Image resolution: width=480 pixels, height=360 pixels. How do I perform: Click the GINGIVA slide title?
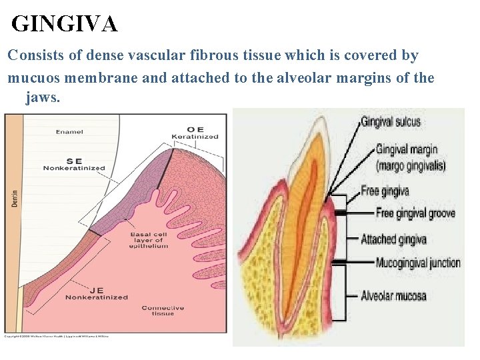(65, 25)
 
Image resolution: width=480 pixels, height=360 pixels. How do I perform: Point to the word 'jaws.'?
(43, 98)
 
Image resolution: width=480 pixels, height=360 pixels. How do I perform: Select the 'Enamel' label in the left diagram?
(69, 132)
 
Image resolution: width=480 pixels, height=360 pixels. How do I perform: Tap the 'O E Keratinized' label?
(195, 133)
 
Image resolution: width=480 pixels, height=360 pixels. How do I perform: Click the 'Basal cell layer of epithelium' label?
(149, 240)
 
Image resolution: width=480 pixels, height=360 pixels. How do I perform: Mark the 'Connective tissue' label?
(163, 311)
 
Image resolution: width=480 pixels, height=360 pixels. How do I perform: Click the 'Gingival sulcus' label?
(391, 122)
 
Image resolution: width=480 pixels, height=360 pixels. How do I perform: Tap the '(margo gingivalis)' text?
(411, 166)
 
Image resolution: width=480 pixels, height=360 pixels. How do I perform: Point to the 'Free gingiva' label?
(385, 191)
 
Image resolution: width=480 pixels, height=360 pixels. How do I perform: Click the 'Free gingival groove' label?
(415, 213)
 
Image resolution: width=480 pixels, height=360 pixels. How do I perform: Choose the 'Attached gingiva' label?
(393, 239)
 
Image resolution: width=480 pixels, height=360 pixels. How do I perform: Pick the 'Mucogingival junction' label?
(418, 263)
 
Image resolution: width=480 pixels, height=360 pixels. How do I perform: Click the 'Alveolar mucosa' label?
(393, 295)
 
